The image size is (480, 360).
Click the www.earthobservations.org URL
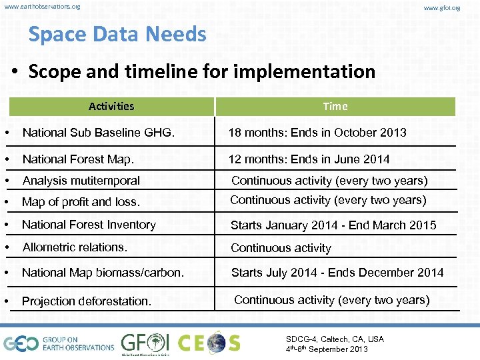point(42,7)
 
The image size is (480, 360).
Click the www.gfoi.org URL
point(442,8)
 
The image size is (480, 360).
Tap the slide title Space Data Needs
point(117,34)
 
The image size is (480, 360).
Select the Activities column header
point(111,106)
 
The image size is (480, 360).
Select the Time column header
point(335,106)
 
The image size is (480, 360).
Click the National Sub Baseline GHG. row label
point(99,133)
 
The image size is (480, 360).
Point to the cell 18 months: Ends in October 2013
point(317,133)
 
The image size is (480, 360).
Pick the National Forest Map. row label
point(78,159)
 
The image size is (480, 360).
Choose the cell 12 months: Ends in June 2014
point(309,159)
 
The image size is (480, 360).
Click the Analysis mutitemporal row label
point(81,181)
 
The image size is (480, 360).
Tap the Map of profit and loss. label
point(81,202)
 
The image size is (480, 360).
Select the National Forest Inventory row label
point(89,225)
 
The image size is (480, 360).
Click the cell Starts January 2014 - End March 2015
point(333,225)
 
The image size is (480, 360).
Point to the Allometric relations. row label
point(75,247)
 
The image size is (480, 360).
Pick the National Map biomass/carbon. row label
point(103,273)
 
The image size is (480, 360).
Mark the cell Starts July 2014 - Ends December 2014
point(337,273)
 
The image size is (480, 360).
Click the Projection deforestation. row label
point(86,301)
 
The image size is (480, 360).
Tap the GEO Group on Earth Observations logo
point(59,343)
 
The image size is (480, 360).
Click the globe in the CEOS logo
point(216,343)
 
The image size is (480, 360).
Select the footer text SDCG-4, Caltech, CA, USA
point(335,339)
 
